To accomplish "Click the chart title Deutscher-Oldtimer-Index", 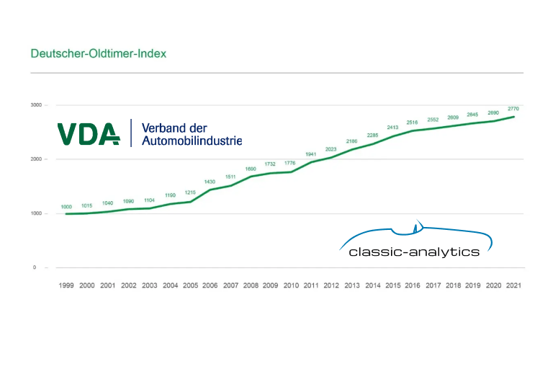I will (99, 54).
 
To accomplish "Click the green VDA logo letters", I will (89, 133).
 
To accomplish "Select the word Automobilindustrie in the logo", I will (192, 140).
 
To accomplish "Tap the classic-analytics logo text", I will (413, 252).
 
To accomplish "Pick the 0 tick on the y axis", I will (35, 267).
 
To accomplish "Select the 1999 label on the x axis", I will (66, 285).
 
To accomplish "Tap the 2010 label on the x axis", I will (291, 285).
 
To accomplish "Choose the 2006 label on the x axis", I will (210, 285).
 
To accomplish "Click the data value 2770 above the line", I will (513, 109).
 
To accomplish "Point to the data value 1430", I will (210, 182).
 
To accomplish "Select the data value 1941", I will (312, 154).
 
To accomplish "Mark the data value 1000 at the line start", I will (66, 206).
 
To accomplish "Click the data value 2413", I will (393, 128).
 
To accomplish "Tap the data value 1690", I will (251, 169).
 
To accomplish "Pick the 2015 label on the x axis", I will (393, 285).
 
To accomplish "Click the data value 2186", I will (352, 141).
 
